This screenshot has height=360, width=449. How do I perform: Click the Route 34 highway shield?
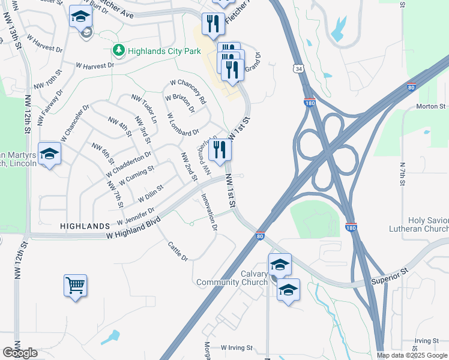298,68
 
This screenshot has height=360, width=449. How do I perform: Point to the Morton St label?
432,107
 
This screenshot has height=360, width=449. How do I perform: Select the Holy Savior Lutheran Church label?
427,224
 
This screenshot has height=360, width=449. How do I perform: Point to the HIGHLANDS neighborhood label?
85,226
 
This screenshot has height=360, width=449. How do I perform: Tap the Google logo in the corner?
20,353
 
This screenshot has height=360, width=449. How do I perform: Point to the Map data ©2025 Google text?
412,355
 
